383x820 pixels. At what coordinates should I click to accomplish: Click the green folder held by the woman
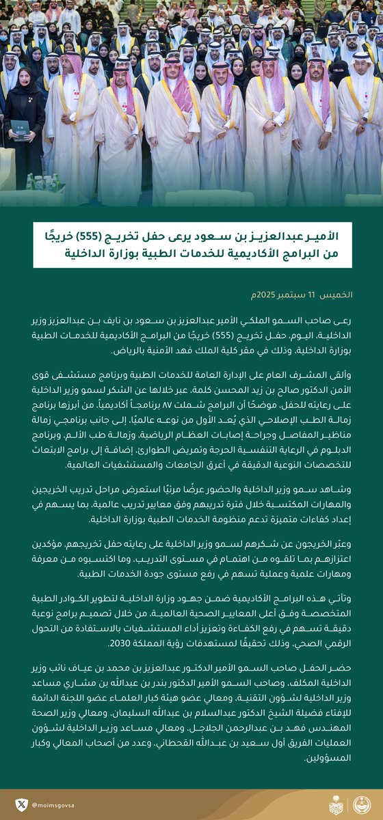pyautogui.click(x=21, y=128)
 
